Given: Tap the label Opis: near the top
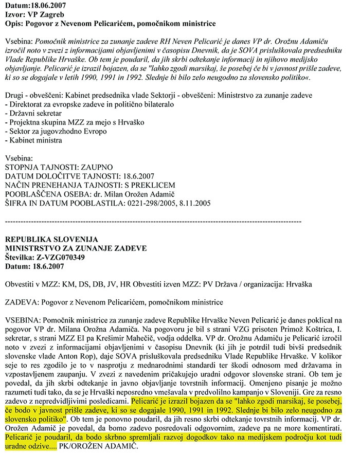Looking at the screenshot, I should pyautogui.click(x=15, y=24).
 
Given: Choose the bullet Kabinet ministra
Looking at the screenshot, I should pyautogui.click(x=36, y=140).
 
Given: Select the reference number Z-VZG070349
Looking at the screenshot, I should pyautogui.click(x=66, y=258).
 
